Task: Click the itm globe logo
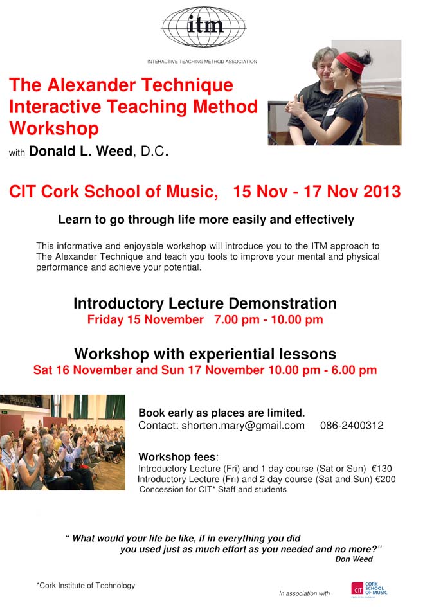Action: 204,26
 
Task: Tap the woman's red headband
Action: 350,62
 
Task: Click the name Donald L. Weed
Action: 80,151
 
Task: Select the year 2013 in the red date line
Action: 382,192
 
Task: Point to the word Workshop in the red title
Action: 54,129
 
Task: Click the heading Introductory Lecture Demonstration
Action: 205,303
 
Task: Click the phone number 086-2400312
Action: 352,426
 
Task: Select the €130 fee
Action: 382,469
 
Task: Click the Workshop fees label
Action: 178,456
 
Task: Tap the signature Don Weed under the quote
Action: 354,559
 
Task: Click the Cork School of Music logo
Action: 369,589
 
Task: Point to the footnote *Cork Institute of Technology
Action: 86,586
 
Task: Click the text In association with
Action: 304,593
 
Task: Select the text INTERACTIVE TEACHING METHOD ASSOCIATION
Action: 202,62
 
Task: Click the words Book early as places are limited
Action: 221,413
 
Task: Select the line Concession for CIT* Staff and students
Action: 213,489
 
